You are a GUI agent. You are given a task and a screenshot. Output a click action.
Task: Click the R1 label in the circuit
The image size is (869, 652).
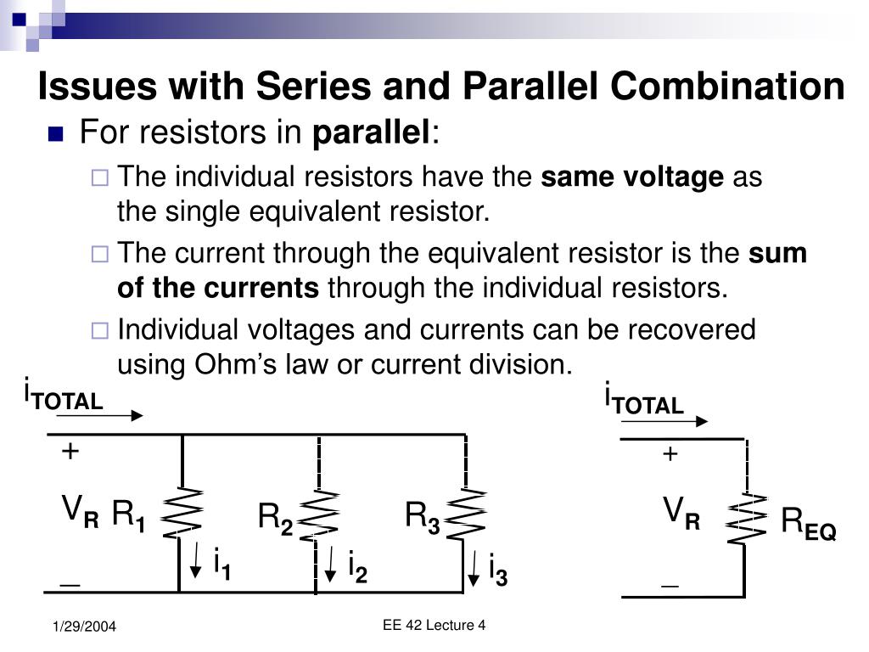(129, 515)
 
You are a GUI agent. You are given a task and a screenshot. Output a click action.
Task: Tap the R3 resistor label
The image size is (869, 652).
(422, 515)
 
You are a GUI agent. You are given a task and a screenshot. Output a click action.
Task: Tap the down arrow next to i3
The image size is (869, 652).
(474, 567)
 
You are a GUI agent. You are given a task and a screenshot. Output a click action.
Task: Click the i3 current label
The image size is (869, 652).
(497, 570)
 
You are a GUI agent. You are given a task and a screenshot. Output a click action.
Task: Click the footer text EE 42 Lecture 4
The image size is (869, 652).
(434, 626)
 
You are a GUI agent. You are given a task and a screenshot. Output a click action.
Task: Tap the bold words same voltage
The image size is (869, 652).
(632, 177)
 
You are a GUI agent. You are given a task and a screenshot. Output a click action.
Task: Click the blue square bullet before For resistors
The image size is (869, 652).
(57, 134)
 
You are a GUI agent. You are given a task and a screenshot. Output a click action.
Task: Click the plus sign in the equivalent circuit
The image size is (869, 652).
(670, 455)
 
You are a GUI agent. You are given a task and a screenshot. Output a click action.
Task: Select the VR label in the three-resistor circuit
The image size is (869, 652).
(81, 513)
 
